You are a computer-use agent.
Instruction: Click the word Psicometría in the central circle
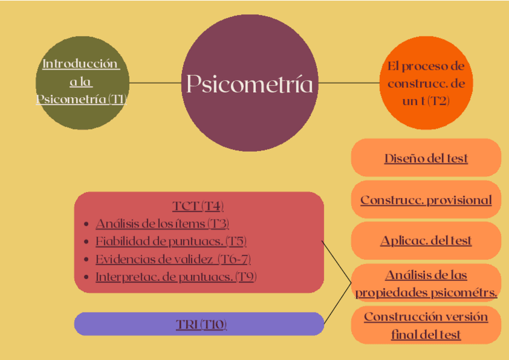[x=249, y=84]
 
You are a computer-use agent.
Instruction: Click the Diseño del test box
[x=426, y=158]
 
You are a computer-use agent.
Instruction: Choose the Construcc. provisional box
[x=426, y=200]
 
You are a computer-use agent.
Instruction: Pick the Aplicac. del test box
[x=426, y=241]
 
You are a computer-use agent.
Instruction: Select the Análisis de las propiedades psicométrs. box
[x=426, y=283]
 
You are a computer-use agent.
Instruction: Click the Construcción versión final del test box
[x=426, y=325]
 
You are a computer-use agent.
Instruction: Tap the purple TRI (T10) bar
[x=200, y=325]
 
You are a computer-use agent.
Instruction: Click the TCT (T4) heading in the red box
[x=198, y=206]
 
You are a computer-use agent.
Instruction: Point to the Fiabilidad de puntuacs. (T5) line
[x=170, y=241]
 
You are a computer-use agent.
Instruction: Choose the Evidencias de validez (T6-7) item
[x=173, y=259]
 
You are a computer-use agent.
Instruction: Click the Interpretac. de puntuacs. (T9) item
[x=175, y=277]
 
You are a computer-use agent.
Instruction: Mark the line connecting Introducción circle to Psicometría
[x=155, y=83]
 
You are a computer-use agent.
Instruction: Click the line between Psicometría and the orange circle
[x=348, y=83]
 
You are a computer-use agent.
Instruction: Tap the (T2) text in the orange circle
[x=439, y=101]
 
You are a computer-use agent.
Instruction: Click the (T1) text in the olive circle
[x=118, y=98]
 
